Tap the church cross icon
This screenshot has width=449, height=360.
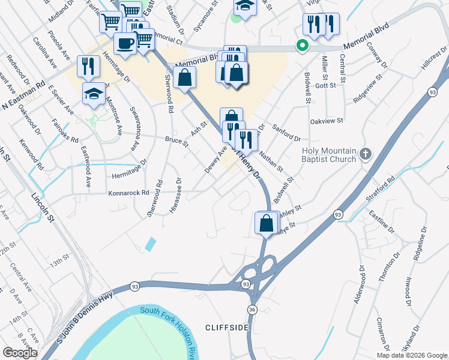pos(366,155)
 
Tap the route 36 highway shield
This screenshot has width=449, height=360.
pos(252,309)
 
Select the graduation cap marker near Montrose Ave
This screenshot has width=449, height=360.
pos(93,94)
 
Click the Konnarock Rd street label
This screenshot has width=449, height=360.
pos(128,193)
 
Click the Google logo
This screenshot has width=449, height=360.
pos(20,353)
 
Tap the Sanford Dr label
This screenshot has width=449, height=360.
pos(286,133)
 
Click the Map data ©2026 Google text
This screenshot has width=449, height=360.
pos(412,355)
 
